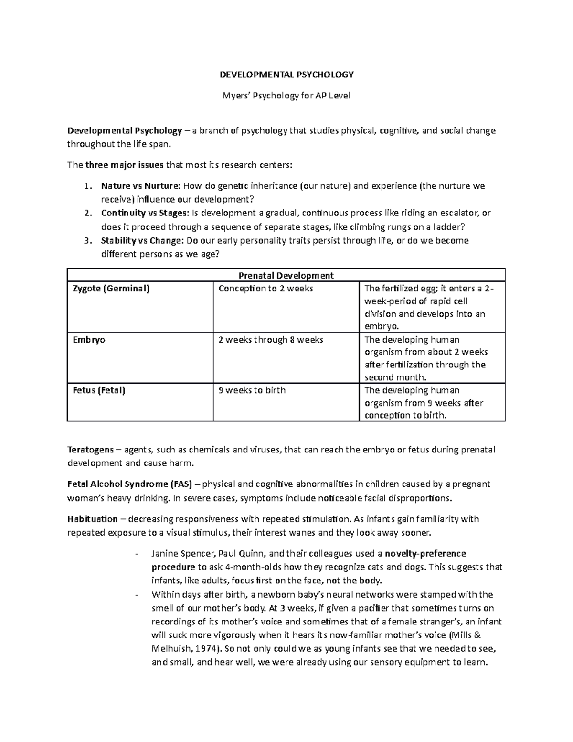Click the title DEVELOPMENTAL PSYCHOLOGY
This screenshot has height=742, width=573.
286,75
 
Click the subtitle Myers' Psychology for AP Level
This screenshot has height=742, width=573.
286,96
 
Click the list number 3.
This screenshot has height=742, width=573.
86,240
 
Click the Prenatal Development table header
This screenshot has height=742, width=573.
286,275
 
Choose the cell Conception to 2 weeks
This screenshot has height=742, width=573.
265,289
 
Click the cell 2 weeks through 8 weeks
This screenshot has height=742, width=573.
270,340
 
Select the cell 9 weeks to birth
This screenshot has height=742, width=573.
252,390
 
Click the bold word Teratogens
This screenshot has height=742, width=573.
91,450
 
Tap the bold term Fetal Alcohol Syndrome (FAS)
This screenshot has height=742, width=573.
129,484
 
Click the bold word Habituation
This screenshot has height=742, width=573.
92,519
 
